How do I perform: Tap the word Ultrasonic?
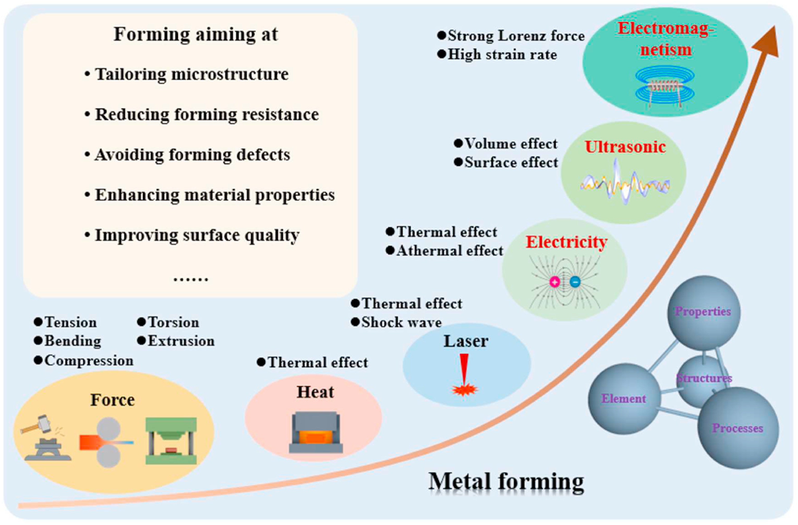625,147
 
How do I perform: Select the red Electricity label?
566,242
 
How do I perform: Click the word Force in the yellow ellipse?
113,400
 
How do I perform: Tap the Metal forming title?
506,481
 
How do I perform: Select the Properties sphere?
703,311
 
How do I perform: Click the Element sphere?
624,398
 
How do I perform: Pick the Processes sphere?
738,428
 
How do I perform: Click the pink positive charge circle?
555,282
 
